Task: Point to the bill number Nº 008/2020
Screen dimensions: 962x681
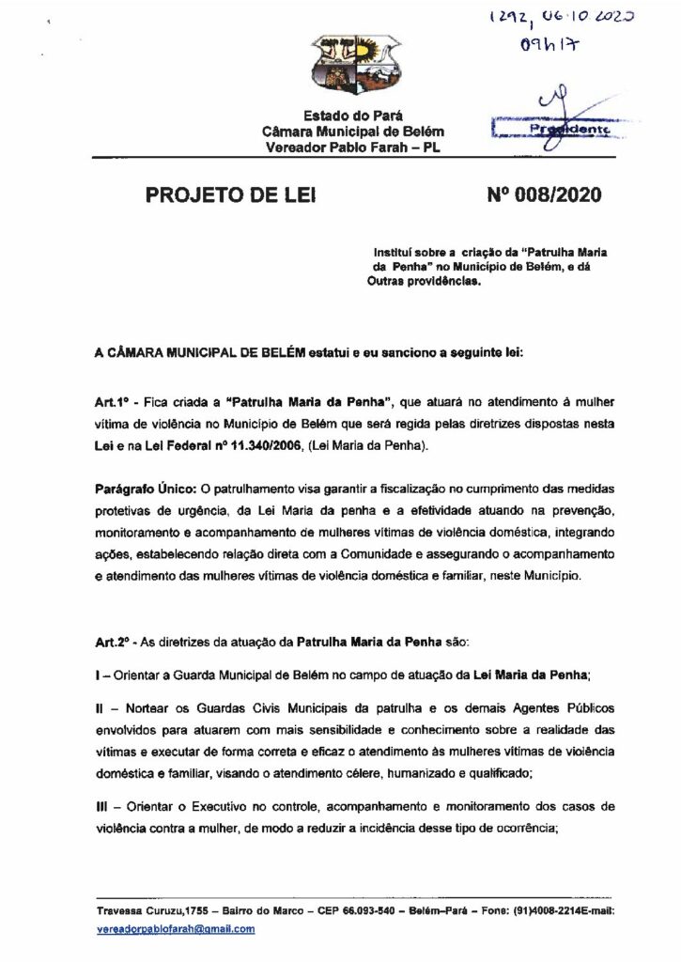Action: point(544,195)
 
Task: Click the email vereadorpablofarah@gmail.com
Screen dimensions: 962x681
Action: point(176,928)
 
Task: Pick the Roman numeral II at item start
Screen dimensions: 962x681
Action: point(101,707)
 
